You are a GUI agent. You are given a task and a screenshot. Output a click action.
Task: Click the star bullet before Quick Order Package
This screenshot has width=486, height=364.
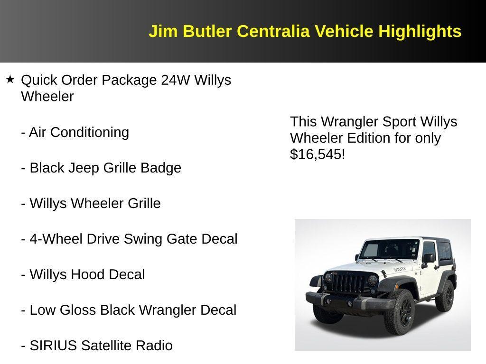click(x=10, y=79)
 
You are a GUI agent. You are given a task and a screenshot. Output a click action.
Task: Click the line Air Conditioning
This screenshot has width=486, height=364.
click(x=75, y=132)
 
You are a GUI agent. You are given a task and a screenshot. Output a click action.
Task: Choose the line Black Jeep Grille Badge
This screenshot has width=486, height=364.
click(x=101, y=168)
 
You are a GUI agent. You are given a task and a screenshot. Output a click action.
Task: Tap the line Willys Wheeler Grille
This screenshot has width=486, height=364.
click(x=91, y=203)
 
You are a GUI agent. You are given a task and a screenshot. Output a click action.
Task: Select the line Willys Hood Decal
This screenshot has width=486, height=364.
click(x=83, y=274)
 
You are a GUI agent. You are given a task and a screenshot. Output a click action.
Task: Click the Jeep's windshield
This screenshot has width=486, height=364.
click(x=380, y=250)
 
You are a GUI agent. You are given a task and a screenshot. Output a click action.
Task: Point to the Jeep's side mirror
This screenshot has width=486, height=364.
click(x=428, y=258)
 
